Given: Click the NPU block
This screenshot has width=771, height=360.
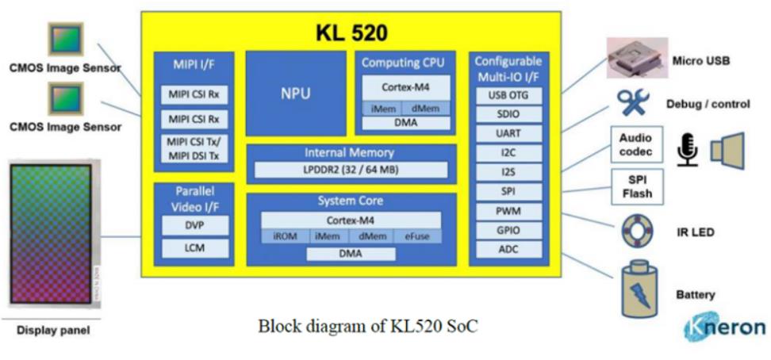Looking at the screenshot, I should pos(295,94).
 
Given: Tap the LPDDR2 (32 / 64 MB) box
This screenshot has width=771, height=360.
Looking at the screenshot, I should pos(351,170).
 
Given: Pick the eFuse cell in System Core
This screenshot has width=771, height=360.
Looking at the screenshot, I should pos(416,236).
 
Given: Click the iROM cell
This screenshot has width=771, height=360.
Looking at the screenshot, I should pos(285,236).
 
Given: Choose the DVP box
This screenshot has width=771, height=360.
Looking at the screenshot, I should pos(194,225).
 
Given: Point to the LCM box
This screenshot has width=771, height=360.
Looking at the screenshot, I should pos(194,249).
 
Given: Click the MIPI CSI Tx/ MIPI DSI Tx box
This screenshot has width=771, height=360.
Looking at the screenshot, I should pos(194,148).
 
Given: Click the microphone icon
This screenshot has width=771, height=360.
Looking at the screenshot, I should pos(687,150).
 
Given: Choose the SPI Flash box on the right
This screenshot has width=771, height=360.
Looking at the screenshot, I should pos(636,186).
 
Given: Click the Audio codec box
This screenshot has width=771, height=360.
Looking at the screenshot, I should pos(636,144).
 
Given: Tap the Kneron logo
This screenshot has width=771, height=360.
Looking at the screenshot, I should pos(724,327).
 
